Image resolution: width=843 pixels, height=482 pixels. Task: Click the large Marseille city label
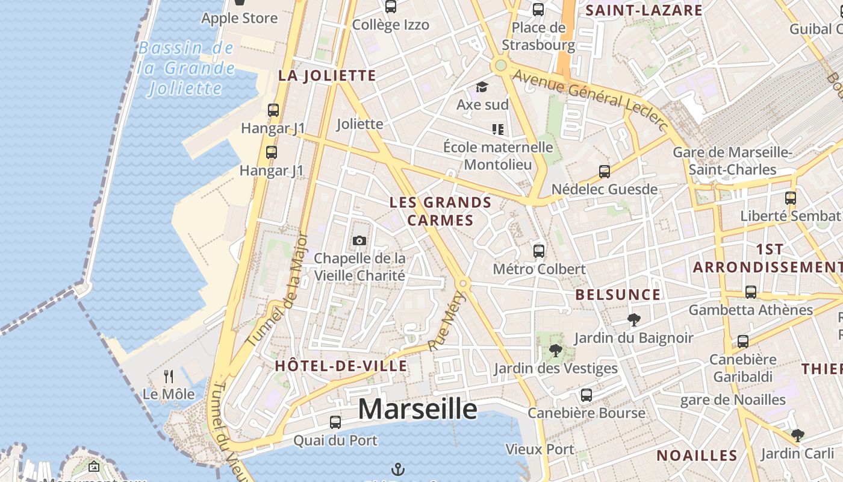pyautogui.click(x=417, y=410)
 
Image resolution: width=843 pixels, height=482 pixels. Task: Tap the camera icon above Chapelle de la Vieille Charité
pyautogui.click(x=359, y=241)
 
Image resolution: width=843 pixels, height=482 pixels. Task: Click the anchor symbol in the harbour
pyautogui.click(x=397, y=469)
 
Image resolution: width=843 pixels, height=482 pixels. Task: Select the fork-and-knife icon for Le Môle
pyautogui.click(x=169, y=377)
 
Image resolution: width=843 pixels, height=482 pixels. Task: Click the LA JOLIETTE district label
pyautogui.click(x=327, y=76)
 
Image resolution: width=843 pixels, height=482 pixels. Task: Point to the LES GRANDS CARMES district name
pyautogui.click(x=441, y=211)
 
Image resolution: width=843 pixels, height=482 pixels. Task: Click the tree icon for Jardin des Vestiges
pyautogui.click(x=555, y=350)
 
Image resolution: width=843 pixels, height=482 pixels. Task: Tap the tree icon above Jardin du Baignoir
pyautogui.click(x=633, y=319)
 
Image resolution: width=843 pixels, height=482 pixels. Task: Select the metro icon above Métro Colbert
pyautogui.click(x=539, y=251)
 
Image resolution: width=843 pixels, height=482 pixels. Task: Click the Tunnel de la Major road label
pyautogui.click(x=278, y=290)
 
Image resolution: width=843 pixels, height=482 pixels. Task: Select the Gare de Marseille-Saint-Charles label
pyautogui.click(x=732, y=161)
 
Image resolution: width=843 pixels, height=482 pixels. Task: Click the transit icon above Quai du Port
pyautogui.click(x=335, y=422)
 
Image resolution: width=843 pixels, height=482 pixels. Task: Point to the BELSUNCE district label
pyautogui.click(x=618, y=295)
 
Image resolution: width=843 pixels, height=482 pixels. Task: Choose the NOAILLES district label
pyautogui.click(x=697, y=455)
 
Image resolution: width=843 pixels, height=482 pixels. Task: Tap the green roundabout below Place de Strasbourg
pyautogui.click(x=499, y=65)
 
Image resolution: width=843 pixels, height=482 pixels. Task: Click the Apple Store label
pyautogui.click(x=239, y=18)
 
